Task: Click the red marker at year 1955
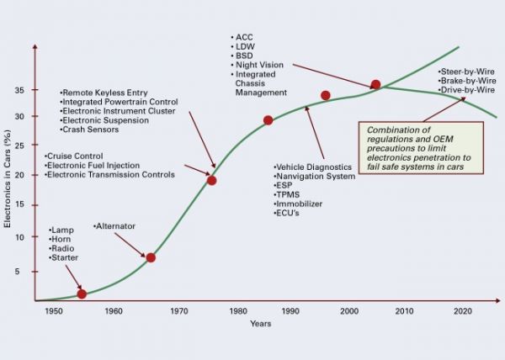pyautogui.click(x=82, y=294)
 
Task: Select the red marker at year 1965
pyautogui.click(x=151, y=257)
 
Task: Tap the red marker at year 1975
pyautogui.click(x=211, y=180)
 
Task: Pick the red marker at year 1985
pyautogui.click(x=268, y=120)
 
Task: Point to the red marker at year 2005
pyautogui.click(x=375, y=85)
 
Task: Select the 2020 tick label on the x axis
pyautogui.click(x=461, y=312)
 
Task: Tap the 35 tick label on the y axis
pyautogui.click(x=18, y=90)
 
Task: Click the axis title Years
pyautogui.click(x=261, y=325)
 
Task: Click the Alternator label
pyautogui.click(x=117, y=226)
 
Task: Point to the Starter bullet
pyautogui.click(x=65, y=258)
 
